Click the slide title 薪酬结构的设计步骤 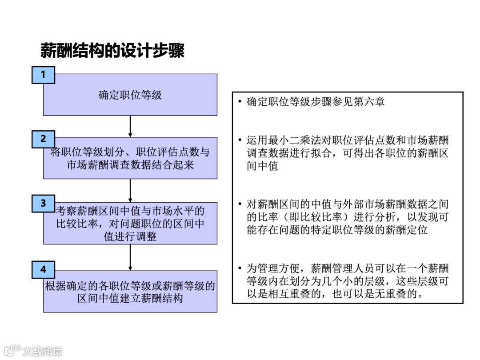[112, 51]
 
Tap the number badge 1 [43, 75]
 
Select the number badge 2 [43, 139]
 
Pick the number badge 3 [43, 204]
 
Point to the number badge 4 [43, 269]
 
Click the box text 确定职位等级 [130, 95]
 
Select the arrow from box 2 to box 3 [130, 190]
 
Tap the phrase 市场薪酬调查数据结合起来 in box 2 [130, 165]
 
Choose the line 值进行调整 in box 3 [130, 236]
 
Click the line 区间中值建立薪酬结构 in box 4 [130, 298]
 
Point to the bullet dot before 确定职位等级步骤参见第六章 [240, 102]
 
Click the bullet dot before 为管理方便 [240, 268]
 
